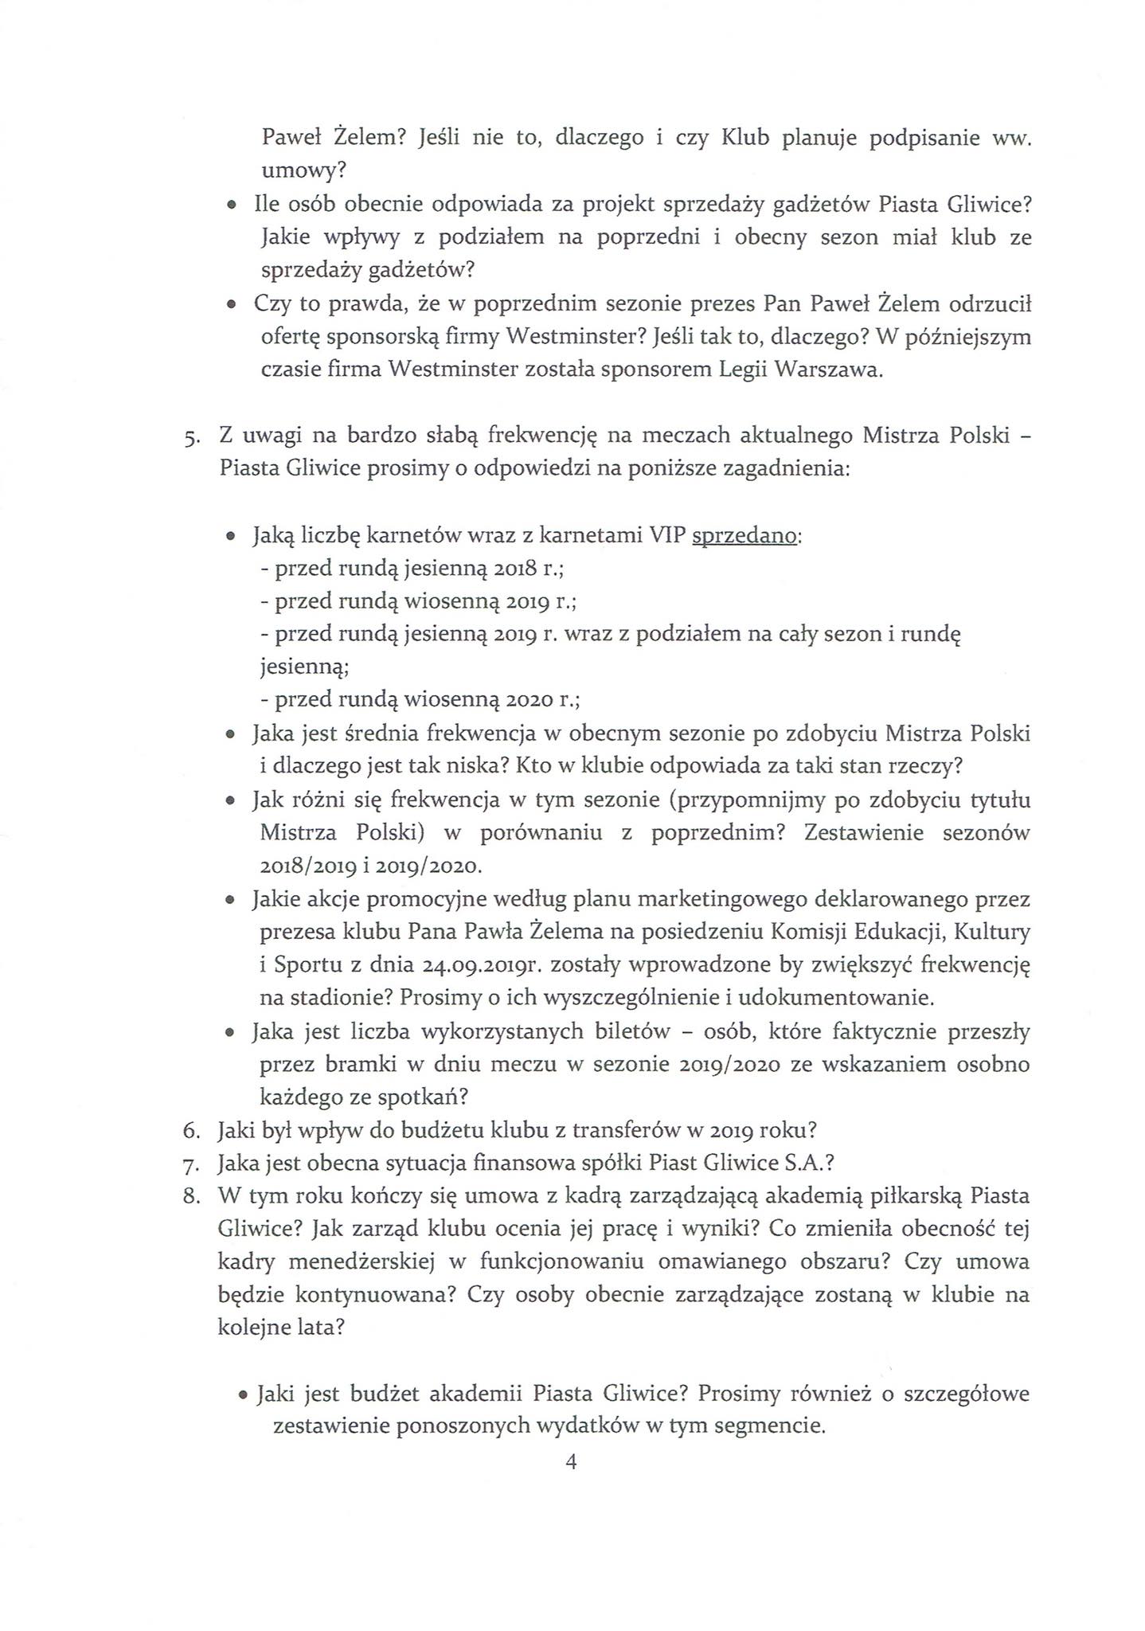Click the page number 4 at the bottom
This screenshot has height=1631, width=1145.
570,1462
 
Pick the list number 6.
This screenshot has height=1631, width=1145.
191,1131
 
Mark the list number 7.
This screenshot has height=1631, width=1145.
191,1164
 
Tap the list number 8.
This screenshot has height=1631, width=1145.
191,1197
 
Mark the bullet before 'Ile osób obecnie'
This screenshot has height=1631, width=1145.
231,206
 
